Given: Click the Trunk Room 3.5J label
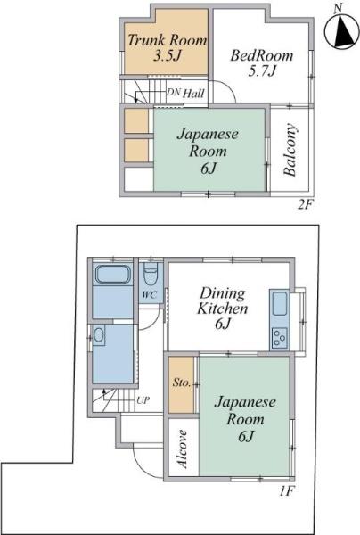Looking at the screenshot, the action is (167, 48).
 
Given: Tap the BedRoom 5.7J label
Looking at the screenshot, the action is (261, 63).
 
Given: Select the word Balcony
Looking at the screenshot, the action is (290, 150).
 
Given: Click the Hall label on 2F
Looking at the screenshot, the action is (193, 93).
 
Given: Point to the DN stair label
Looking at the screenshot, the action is (173, 92).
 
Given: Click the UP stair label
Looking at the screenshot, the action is (143, 399).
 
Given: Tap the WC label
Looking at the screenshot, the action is (150, 295).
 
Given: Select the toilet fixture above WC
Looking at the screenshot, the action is (151, 274).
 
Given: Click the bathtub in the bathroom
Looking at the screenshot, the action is (113, 274).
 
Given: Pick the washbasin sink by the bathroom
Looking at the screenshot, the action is (99, 335).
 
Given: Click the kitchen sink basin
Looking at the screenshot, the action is (279, 304).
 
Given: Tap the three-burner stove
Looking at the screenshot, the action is (280, 338).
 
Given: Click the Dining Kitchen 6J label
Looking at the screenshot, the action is (222, 309).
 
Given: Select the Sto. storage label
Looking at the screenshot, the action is (182, 383).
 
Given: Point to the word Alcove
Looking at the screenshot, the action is (183, 449).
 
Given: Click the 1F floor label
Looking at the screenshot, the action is (286, 491).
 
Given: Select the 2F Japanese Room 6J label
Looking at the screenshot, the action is (208, 151).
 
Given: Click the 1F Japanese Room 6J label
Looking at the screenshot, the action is (245, 419).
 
